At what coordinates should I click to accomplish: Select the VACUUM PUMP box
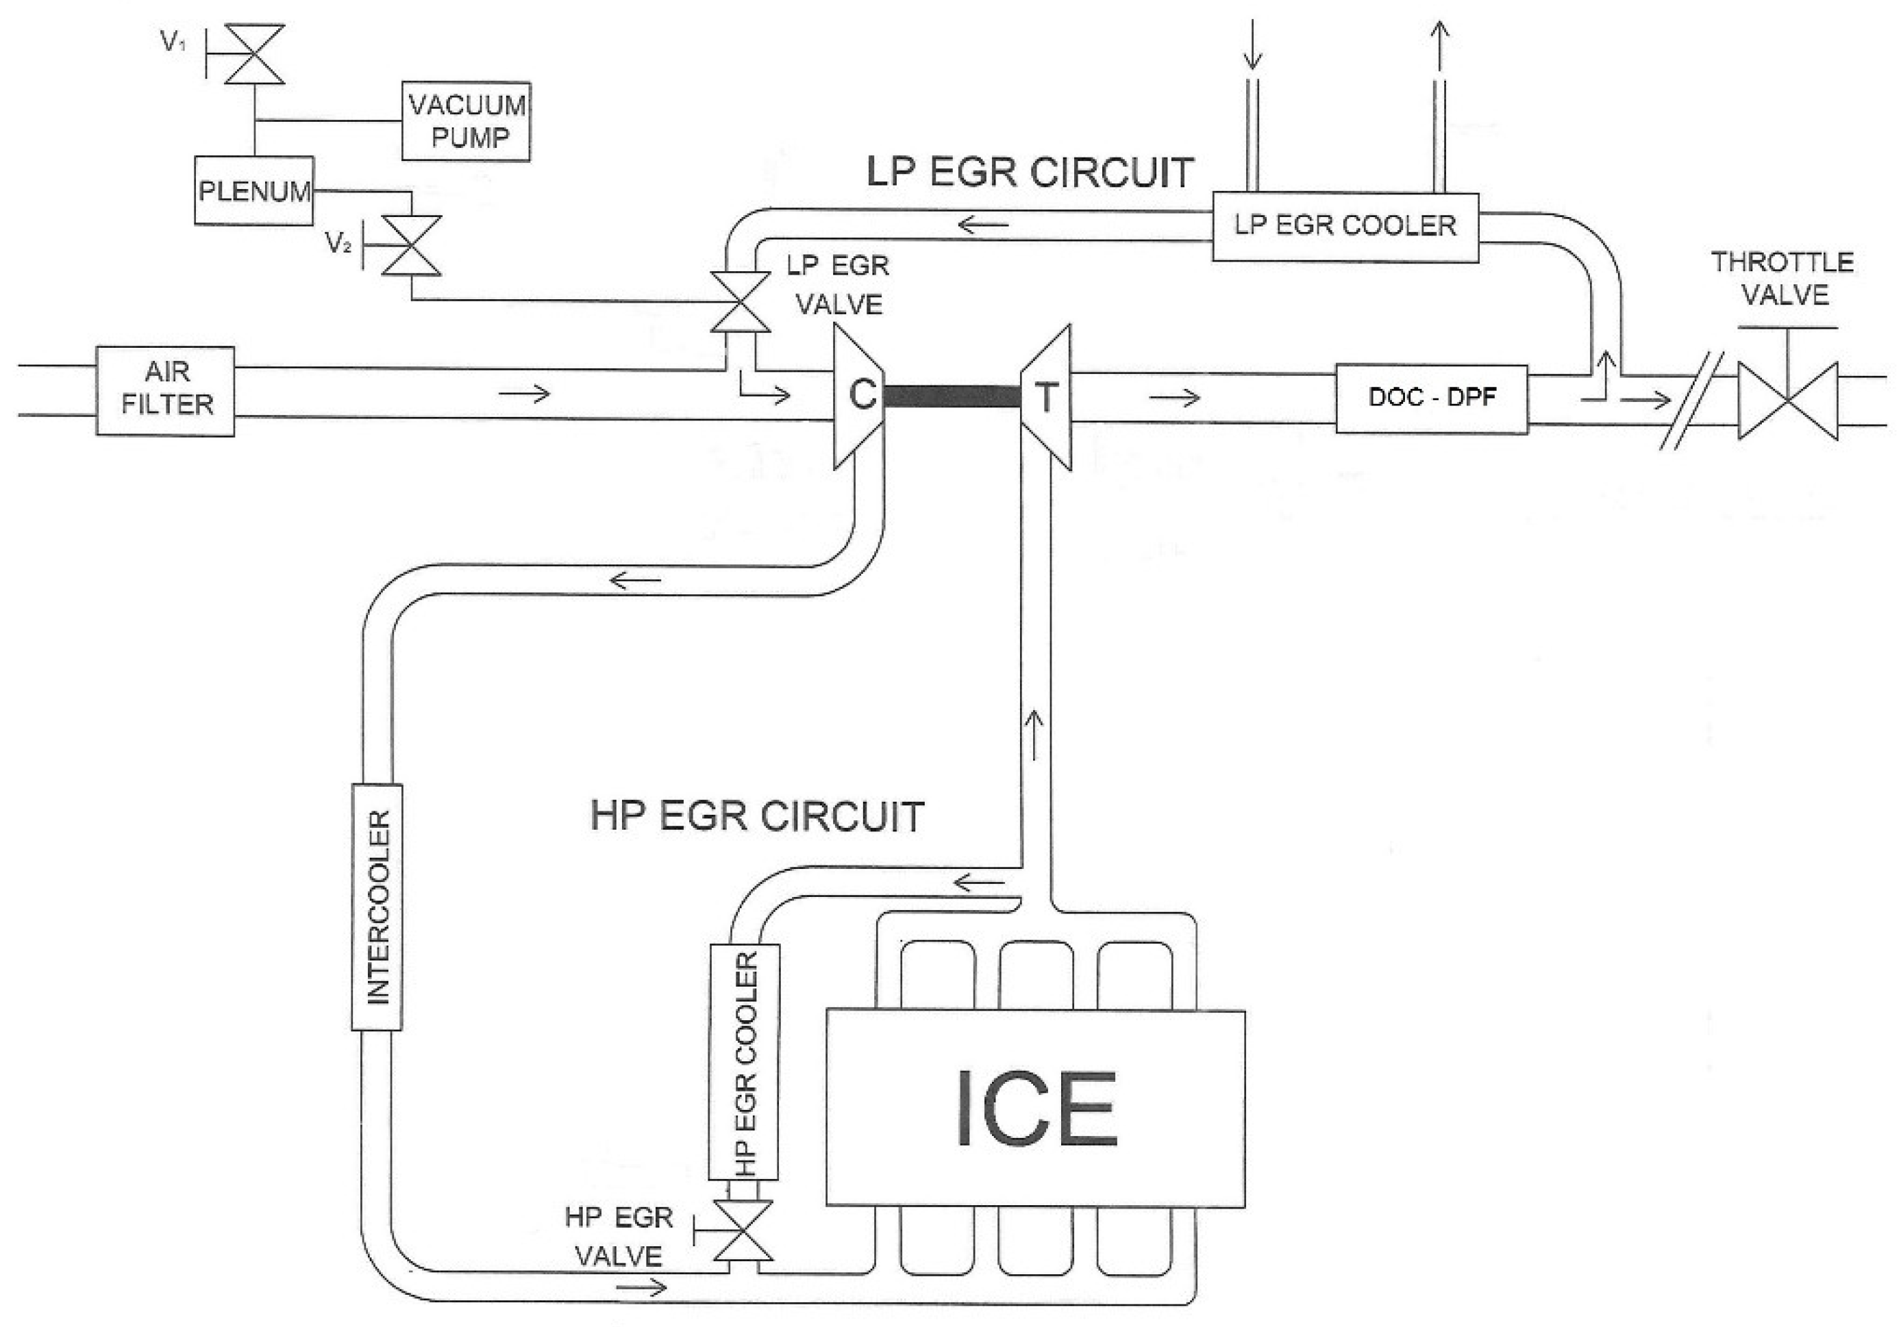(466, 122)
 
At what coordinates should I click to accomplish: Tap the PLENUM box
(254, 191)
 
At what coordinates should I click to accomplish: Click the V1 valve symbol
(256, 55)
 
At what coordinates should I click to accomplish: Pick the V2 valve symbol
(412, 246)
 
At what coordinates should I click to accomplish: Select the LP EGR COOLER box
(1345, 227)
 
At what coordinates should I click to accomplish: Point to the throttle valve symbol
(1787, 401)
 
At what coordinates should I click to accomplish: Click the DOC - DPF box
(1432, 399)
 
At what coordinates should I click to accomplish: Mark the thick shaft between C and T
(952, 396)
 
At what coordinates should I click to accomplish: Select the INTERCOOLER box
(377, 907)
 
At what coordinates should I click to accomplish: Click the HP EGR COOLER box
(745, 1062)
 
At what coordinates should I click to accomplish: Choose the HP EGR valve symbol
(743, 1233)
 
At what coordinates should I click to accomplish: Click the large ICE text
(1036, 1109)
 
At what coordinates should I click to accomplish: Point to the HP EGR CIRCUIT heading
(757, 816)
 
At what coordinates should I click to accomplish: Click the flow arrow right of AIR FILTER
(524, 394)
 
